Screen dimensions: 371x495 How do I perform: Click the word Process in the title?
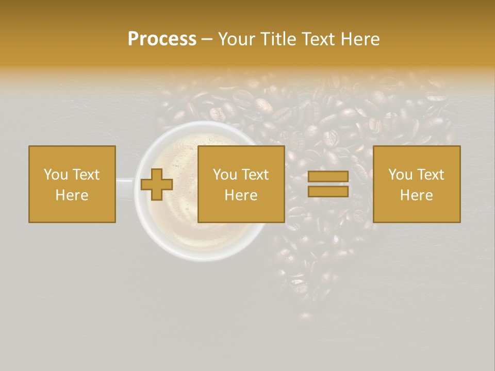point(162,39)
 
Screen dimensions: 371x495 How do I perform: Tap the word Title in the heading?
point(278,39)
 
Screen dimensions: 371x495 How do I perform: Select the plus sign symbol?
point(157,184)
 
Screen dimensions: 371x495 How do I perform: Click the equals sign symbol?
point(328,184)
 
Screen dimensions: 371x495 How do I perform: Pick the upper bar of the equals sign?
point(328,177)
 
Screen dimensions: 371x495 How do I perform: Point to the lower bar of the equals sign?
point(328,191)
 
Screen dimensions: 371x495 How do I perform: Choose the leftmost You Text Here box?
point(72,184)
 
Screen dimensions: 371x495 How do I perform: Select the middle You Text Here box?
point(241,184)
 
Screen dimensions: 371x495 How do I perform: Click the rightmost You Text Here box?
point(417,184)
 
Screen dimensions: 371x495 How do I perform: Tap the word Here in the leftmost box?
point(72,195)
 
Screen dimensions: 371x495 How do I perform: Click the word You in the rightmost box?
point(401,175)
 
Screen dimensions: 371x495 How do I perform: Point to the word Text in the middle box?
point(255,175)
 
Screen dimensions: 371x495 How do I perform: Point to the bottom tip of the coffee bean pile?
point(305,317)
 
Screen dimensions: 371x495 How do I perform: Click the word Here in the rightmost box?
point(416,195)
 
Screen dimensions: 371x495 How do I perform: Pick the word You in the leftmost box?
point(56,175)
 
